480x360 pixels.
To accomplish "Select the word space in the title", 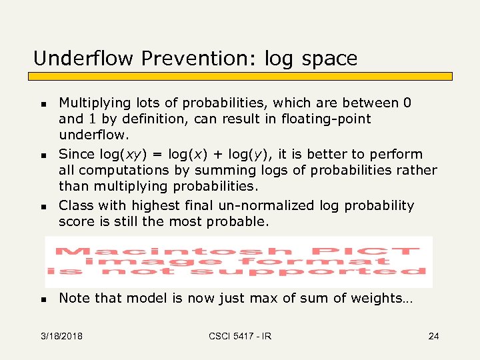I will tap(330, 59).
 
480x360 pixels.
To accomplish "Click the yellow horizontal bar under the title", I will tap(243, 76).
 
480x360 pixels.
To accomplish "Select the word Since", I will tap(77, 154).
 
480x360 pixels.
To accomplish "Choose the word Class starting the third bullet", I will tap(77, 205).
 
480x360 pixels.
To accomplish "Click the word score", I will tap(77, 221).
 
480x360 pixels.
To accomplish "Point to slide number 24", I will tap(433, 336).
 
